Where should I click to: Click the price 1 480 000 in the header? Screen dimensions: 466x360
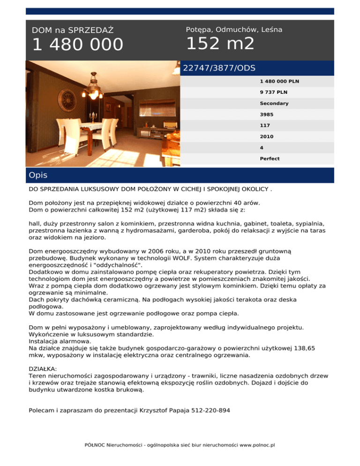click(x=77, y=45)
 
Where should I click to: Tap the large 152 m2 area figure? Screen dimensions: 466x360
click(x=220, y=44)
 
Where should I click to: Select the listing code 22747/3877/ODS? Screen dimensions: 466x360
click(x=219, y=68)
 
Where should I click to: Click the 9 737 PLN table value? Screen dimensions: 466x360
click(x=273, y=92)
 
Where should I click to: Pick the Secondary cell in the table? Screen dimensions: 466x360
click(x=274, y=103)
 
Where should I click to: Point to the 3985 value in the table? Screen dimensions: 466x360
click(x=266, y=114)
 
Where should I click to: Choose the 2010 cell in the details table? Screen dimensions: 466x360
click(x=266, y=136)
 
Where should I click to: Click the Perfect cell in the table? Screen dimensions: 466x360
click(x=270, y=158)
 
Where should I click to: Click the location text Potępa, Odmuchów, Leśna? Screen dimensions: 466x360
click(x=234, y=30)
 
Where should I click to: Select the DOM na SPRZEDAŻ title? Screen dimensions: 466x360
click(x=73, y=30)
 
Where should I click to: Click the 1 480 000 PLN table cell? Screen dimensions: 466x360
click(x=279, y=81)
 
